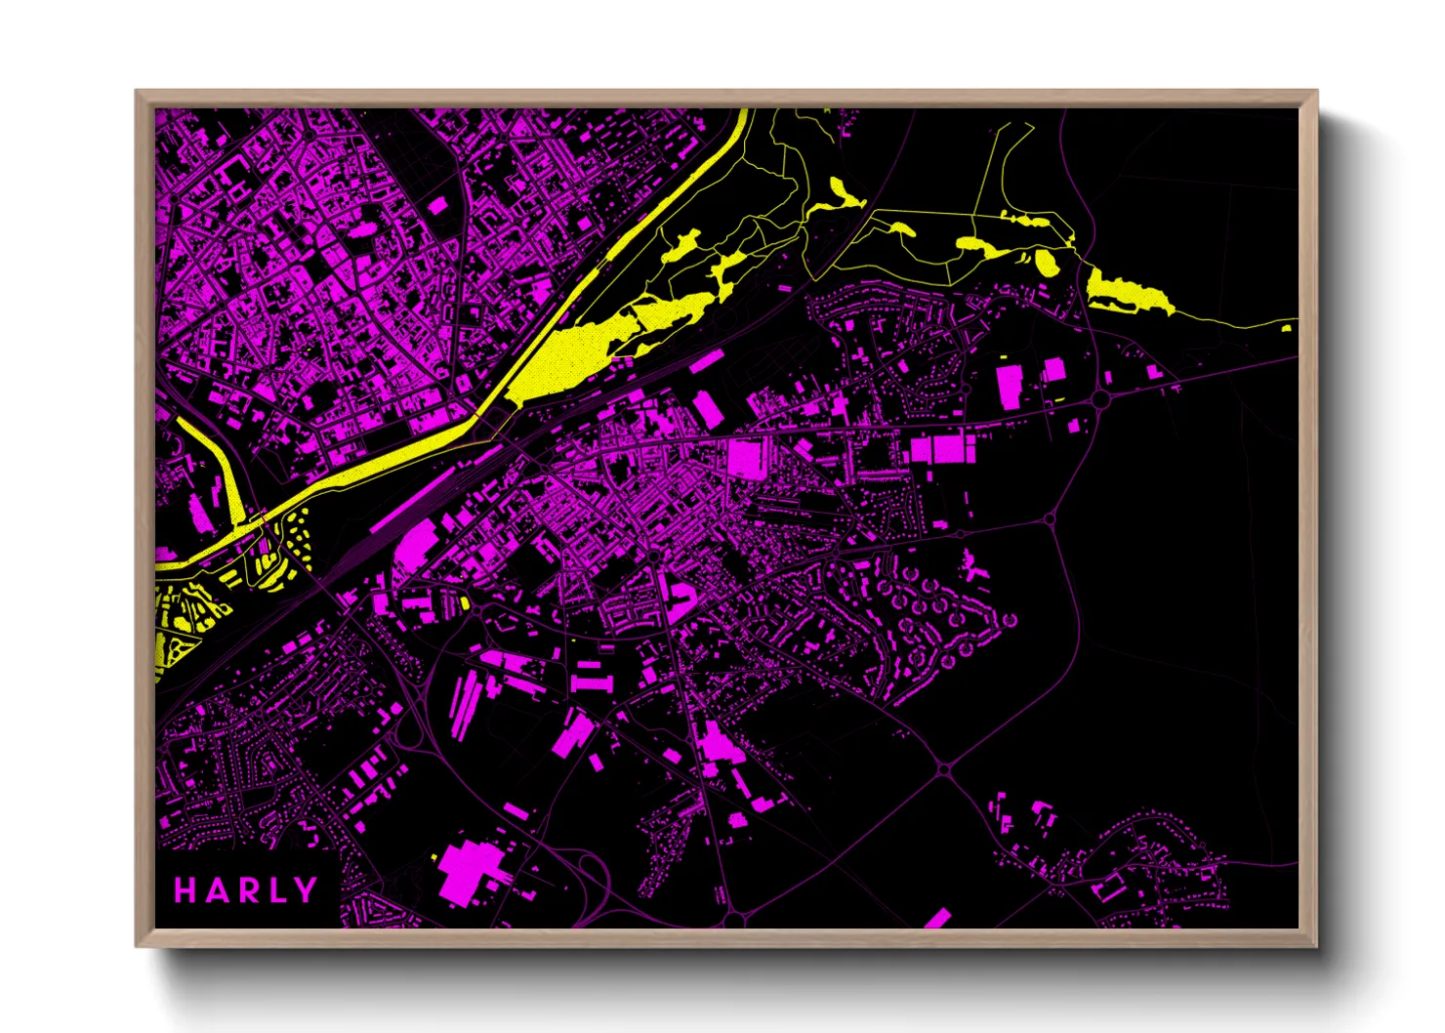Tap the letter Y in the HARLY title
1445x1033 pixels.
pos(307,889)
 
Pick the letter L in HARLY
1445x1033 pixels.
pos(277,889)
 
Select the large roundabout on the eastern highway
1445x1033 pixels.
pos(1101,398)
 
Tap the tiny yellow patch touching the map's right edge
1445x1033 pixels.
pos(1287,329)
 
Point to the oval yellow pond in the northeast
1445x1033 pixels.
pos(1046,263)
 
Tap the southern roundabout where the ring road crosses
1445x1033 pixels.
pos(944,769)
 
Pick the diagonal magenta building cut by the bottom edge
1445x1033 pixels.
pos(937,919)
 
